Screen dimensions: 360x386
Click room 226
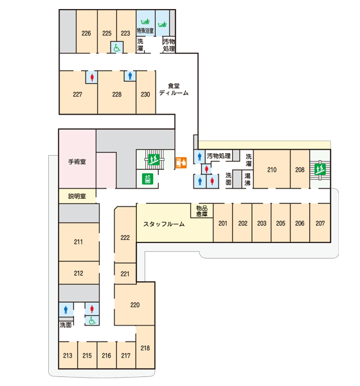(86, 32)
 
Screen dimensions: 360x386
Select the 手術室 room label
(76, 161)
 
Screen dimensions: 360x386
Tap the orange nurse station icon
(181, 163)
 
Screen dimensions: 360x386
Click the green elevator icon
(148, 179)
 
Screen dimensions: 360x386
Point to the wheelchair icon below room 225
(116, 48)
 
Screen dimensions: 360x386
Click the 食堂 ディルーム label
(174, 89)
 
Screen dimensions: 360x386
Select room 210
(272, 169)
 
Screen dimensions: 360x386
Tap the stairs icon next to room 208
(320, 169)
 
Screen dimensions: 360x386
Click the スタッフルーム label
(164, 224)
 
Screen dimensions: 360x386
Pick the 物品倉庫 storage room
(202, 211)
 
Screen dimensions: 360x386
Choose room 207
(320, 223)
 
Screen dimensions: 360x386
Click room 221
(125, 273)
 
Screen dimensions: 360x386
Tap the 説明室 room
(77, 196)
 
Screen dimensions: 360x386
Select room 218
(145, 347)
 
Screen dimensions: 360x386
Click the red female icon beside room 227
(92, 77)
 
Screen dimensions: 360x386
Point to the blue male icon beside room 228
(130, 76)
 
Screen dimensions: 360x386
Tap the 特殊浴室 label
(145, 30)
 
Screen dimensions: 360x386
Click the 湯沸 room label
(248, 179)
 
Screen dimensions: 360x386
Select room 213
(67, 355)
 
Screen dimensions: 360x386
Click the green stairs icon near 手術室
(154, 160)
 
